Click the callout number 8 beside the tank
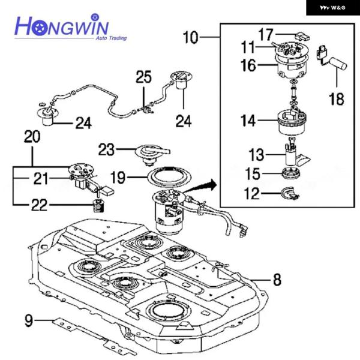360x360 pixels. click(x=277, y=278)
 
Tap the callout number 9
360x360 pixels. click(x=28, y=320)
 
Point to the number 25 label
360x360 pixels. click(x=143, y=77)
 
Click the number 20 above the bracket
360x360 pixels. click(x=32, y=136)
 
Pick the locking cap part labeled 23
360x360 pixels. click(x=151, y=152)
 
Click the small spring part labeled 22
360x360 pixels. click(x=98, y=208)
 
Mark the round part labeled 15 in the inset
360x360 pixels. click(x=292, y=175)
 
